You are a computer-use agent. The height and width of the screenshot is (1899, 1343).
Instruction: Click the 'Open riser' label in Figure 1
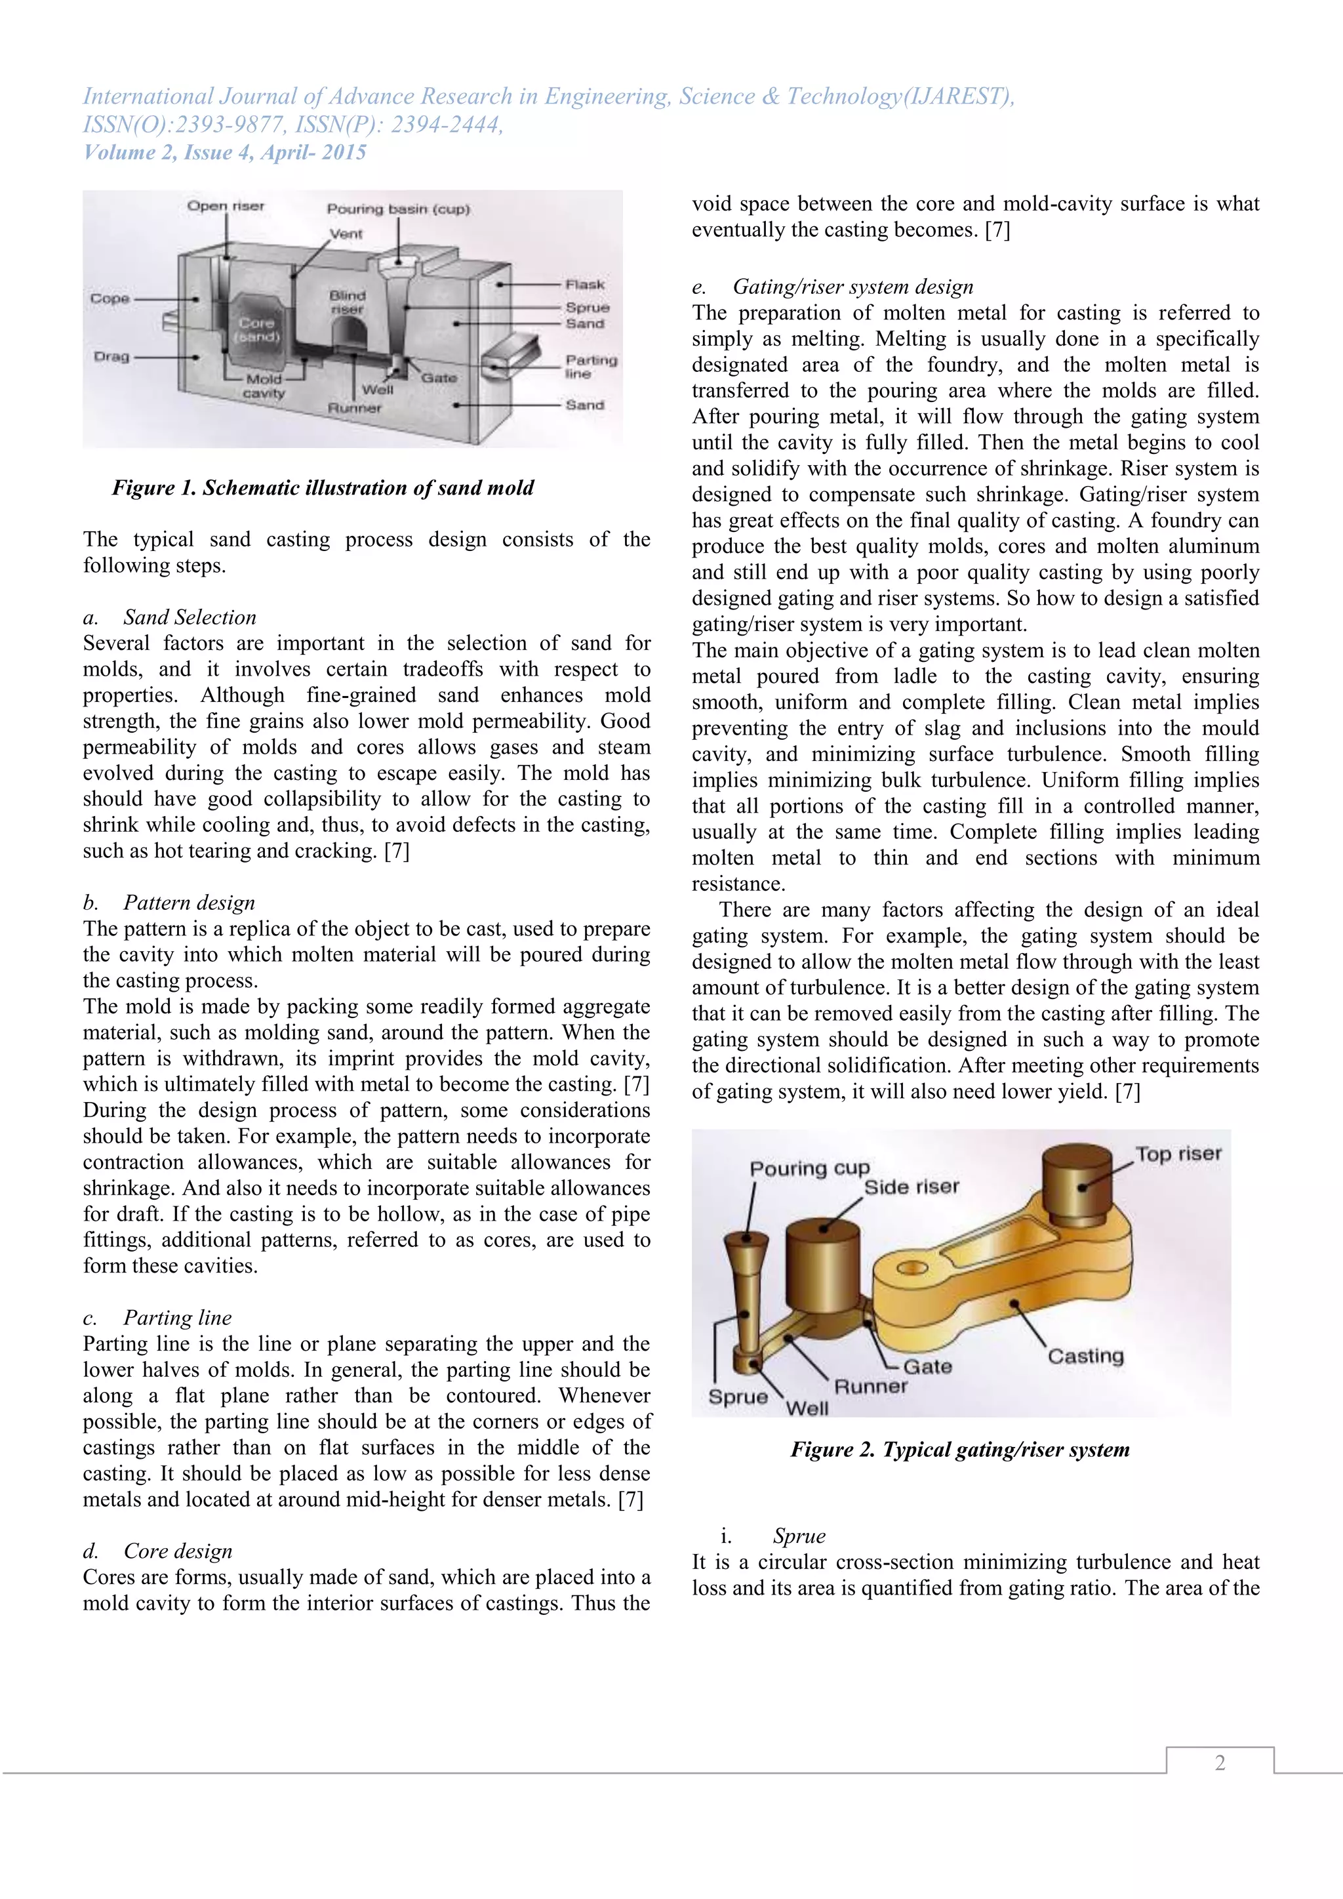pos(226,206)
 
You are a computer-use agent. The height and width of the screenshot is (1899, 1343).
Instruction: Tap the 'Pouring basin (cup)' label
pos(398,209)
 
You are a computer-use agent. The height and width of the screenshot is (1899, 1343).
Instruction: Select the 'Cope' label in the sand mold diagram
pos(110,298)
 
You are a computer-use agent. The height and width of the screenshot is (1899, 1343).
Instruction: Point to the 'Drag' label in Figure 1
pos(111,356)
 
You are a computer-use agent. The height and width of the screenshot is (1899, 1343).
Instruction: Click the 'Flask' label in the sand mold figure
pos(585,285)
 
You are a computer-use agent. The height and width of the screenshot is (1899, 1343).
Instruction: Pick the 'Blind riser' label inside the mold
pos(348,302)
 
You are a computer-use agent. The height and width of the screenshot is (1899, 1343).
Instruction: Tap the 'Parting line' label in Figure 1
pos(590,367)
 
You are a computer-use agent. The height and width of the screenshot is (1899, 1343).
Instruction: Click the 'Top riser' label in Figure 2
pos(1178,1154)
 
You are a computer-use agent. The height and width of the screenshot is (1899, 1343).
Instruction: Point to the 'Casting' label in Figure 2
pos(1085,1356)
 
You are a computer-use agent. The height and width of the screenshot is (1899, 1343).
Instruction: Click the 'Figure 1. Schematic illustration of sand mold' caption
pos(323,488)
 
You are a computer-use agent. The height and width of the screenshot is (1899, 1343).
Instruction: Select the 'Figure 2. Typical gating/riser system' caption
pos(960,1450)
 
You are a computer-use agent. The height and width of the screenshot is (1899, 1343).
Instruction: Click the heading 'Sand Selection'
pos(190,618)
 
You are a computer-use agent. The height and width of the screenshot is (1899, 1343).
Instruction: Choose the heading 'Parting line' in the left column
pos(177,1318)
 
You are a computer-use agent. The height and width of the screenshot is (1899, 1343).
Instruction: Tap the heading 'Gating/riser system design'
pos(852,287)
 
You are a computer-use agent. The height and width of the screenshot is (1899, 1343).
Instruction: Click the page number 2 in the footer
pos(1220,1763)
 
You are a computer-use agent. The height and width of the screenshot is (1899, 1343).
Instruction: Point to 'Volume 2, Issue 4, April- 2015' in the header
pos(225,152)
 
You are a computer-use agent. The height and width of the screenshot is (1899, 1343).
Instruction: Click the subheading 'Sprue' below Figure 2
pos(799,1536)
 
